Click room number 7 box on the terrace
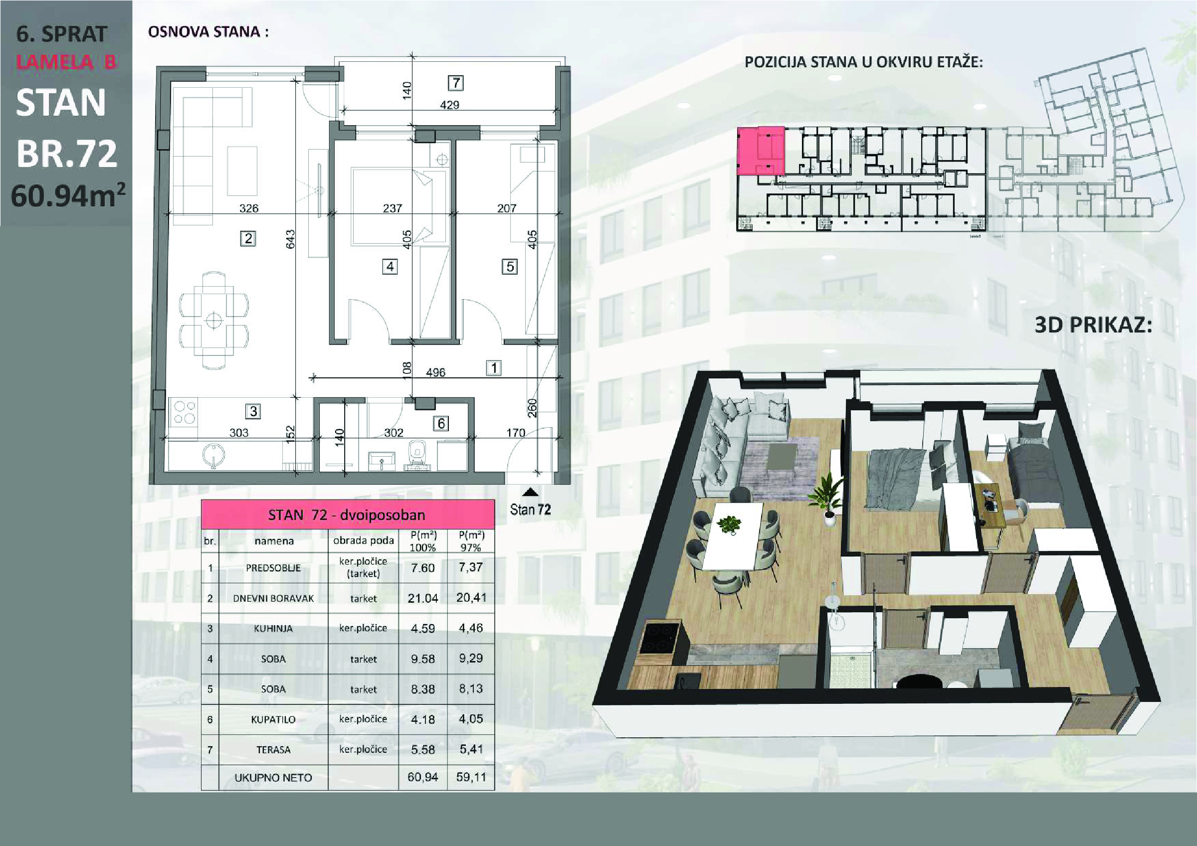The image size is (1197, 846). (456, 83)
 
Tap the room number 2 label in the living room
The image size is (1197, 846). (248, 239)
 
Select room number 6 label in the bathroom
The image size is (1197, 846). (441, 423)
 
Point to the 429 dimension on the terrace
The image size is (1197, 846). (449, 105)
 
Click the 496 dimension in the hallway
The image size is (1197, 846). (435, 372)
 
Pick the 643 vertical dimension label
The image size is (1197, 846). (290, 239)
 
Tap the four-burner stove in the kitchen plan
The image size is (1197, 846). (184, 412)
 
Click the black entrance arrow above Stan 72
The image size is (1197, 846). (531, 492)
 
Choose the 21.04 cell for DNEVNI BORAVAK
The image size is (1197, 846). (423, 598)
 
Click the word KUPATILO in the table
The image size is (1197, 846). (273, 719)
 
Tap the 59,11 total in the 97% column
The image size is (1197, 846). (471, 777)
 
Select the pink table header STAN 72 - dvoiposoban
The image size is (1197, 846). (348, 514)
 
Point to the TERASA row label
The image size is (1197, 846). (273, 750)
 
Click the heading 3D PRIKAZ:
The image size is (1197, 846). (1093, 325)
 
